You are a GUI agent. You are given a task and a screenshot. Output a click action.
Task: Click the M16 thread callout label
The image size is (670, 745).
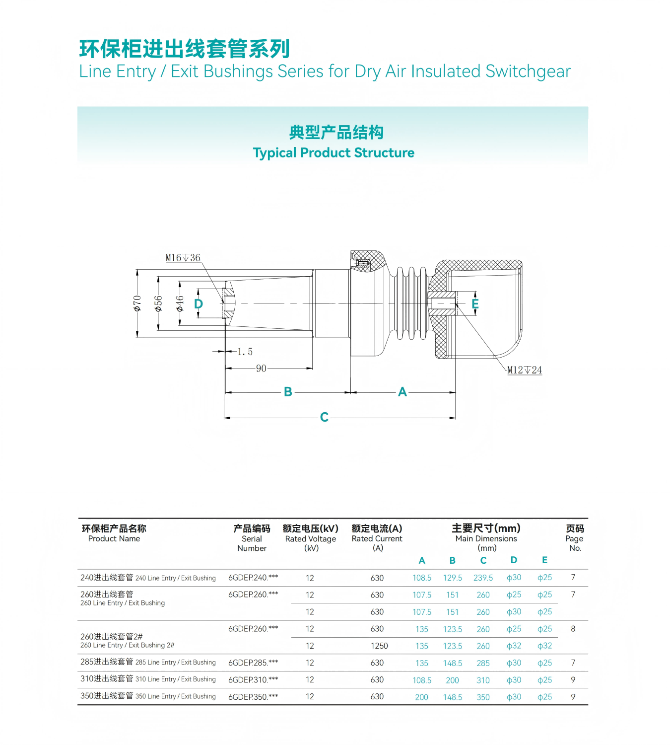183,258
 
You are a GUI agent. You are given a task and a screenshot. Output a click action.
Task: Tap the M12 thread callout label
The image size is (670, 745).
524,370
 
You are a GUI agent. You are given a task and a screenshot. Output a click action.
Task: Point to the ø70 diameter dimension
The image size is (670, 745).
137,303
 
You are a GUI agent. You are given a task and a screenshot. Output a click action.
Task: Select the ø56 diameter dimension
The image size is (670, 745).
158,303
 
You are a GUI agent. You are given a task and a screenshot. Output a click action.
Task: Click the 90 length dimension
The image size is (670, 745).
261,369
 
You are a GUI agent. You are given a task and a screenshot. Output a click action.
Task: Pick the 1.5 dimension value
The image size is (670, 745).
245,352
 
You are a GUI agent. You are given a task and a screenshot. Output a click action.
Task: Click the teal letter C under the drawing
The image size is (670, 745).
324,417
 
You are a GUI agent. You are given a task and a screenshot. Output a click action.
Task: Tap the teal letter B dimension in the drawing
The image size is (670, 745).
288,392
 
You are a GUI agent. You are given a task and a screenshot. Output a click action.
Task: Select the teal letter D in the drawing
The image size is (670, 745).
199,304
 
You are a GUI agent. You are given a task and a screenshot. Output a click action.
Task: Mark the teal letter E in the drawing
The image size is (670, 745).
475,304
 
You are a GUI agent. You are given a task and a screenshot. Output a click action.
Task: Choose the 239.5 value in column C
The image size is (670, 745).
483,578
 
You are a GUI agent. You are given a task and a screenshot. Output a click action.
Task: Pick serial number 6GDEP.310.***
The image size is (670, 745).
253,679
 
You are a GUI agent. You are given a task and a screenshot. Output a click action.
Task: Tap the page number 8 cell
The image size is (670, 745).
573,629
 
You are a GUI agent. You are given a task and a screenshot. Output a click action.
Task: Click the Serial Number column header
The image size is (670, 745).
252,538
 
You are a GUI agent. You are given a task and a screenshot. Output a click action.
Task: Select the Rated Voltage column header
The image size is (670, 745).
311,538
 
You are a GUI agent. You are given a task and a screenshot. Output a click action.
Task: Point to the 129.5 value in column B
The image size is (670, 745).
452,578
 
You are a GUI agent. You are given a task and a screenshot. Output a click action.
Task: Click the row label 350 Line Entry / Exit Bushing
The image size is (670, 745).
148,696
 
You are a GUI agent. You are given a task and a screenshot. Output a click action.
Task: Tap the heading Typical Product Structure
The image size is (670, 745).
334,152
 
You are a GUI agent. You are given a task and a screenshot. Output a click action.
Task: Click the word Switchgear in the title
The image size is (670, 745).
528,72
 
